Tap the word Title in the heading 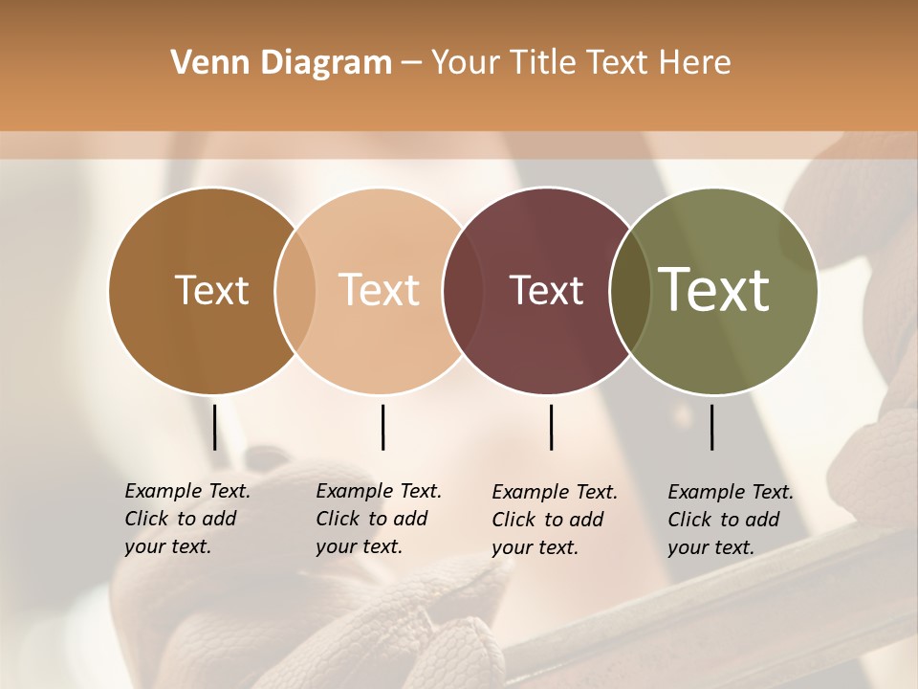coord(544,62)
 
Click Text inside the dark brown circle coord(211,290)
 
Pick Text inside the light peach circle coord(380,290)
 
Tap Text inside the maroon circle coord(546,290)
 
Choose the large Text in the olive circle coord(714,289)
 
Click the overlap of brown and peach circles coord(295,290)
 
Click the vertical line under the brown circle coord(215,427)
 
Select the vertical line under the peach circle coord(382,427)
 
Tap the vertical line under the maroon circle coord(551,427)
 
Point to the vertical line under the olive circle coord(712,427)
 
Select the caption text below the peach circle coord(378,519)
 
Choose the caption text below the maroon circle coord(554,520)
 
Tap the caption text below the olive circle coord(730,520)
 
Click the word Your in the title coord(465,62)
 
